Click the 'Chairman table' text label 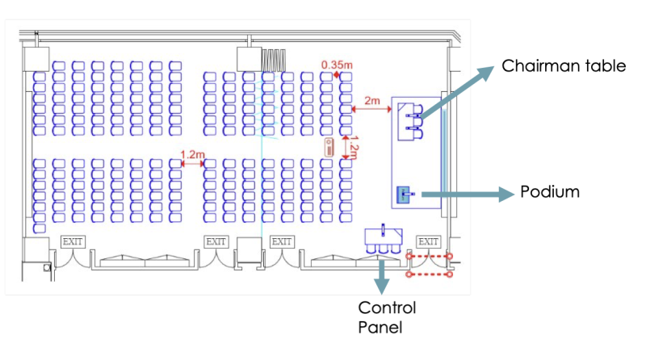564,65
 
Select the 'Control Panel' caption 387,318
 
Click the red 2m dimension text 372,100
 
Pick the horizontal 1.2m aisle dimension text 192,153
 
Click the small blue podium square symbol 404,194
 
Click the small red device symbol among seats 329,147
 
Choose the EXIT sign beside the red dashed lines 428,241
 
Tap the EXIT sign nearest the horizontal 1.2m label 216,241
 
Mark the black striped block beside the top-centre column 275,60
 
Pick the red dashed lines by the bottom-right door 430,266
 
